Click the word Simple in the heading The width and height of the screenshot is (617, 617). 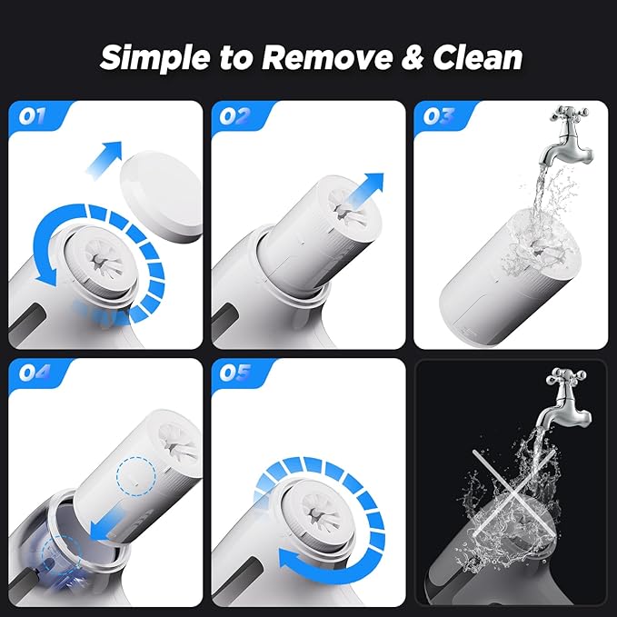coord(155,58)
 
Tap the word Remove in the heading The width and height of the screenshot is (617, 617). coord(326,57)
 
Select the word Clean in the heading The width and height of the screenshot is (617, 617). coord(477,57)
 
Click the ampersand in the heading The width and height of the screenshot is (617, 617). coord(413,58)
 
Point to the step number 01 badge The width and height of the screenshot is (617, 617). coord(33,116)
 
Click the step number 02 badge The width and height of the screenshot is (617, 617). coord(235,116)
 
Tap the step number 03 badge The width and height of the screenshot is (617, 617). coord(438,116)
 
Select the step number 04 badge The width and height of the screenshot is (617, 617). coord(35,372)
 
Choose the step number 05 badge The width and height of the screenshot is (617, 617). coord(235,373)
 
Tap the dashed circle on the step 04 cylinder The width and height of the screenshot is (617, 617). coord(135,475)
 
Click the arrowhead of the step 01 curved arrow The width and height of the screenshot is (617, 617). coord(46,274)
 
